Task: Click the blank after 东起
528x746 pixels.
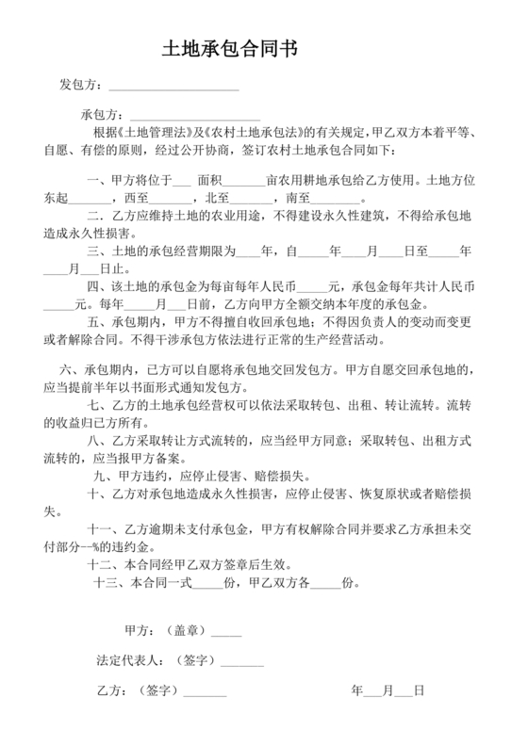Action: click(91, 199)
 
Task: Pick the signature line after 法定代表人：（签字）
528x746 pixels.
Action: click(242, 661)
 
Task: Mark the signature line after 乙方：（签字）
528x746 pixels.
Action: click(205, 691)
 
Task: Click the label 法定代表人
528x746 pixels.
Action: click(129, 660)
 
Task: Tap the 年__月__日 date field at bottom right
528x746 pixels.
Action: click(388, 690)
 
